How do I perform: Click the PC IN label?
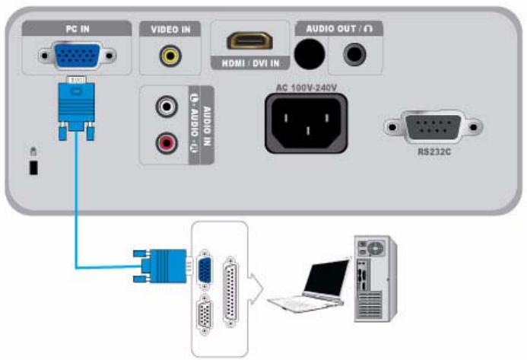pos(75,29)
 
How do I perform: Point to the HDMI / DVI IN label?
pos(249,64)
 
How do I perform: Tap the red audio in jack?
pos(167,141)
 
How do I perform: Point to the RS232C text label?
pos(435,151)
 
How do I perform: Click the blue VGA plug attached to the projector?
pos(74,107)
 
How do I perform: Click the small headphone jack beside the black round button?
pos(354,54)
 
